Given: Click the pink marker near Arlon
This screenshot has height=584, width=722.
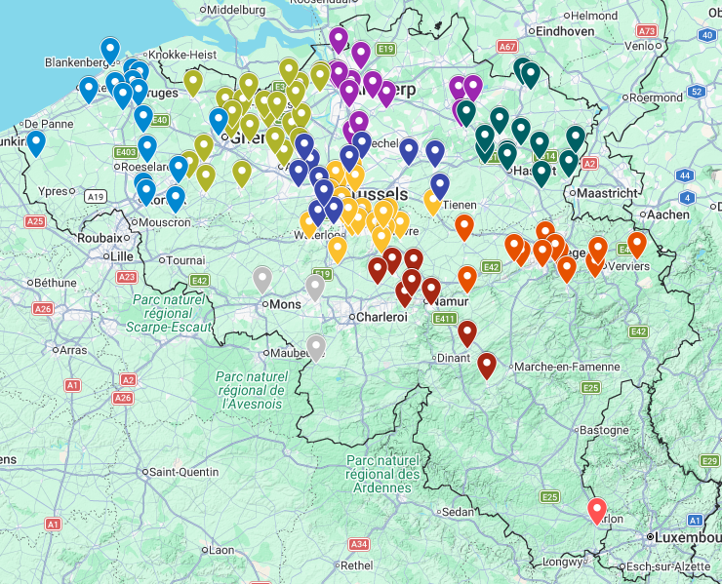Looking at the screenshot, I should pos(597,510).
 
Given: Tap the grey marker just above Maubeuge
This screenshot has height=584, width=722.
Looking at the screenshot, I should pos(315,345).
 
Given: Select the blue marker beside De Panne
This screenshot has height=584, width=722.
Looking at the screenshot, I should pos(36,142).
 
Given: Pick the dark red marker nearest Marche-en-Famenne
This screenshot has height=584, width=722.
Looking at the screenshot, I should pos(486,365).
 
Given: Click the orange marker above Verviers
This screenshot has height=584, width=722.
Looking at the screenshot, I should pos(637,243).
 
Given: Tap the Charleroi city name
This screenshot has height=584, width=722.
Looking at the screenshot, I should pos(381,317).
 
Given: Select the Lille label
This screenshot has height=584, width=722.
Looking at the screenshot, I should pos(122,255).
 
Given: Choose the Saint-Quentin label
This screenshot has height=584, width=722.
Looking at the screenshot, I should pos(185,472).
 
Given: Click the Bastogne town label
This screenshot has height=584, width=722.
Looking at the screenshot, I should pos(605,430).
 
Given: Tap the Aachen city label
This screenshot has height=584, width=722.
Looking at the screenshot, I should pos(667,214).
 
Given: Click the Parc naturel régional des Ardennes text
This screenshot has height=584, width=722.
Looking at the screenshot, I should pos(382,474).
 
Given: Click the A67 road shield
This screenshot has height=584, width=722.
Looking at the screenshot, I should pos(506,46).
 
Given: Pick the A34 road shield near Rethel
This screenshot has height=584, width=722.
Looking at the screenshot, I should pos(359,544).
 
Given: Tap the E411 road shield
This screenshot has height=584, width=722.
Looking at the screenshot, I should pos(446,318).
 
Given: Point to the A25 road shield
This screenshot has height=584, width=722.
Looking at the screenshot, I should pos(35,221).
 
